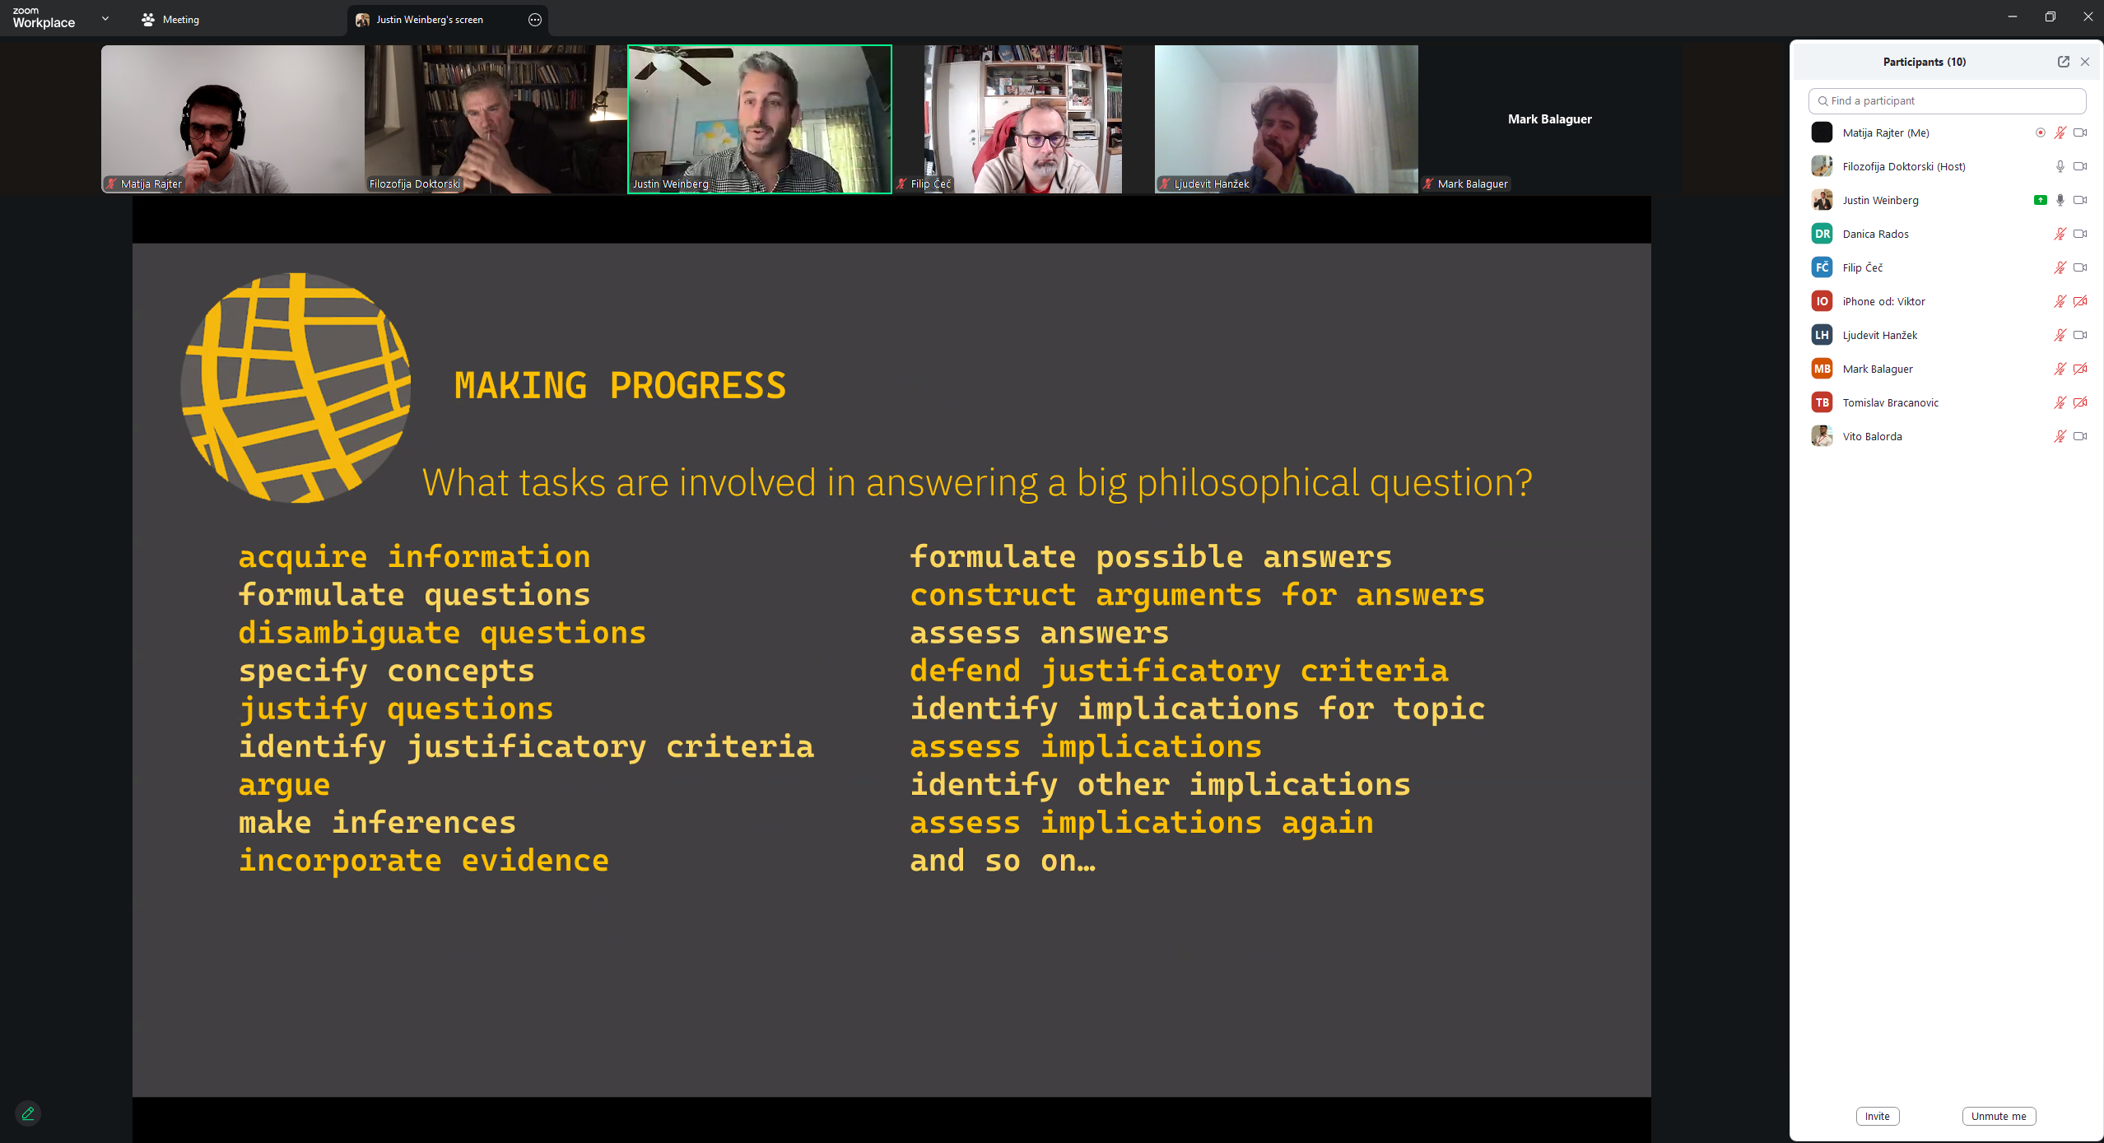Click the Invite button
coord(1877,1116)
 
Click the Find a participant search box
coord(1947,100)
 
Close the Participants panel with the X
coord(2085,62)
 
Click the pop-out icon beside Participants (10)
coord(2064,62)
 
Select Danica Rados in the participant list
coord(1875,234)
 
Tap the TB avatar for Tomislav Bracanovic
coord(1822,402)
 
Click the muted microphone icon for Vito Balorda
coord(2060,436)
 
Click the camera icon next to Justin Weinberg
coord(2080,200)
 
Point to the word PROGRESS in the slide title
coord(698,386)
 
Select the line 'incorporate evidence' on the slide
coord(424,860)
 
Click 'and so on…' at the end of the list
coord(1003,861)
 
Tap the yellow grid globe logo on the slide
coord(296,388)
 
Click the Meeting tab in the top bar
coord(170,20)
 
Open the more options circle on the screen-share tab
coord(535,20)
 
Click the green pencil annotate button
coord(28,1113)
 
